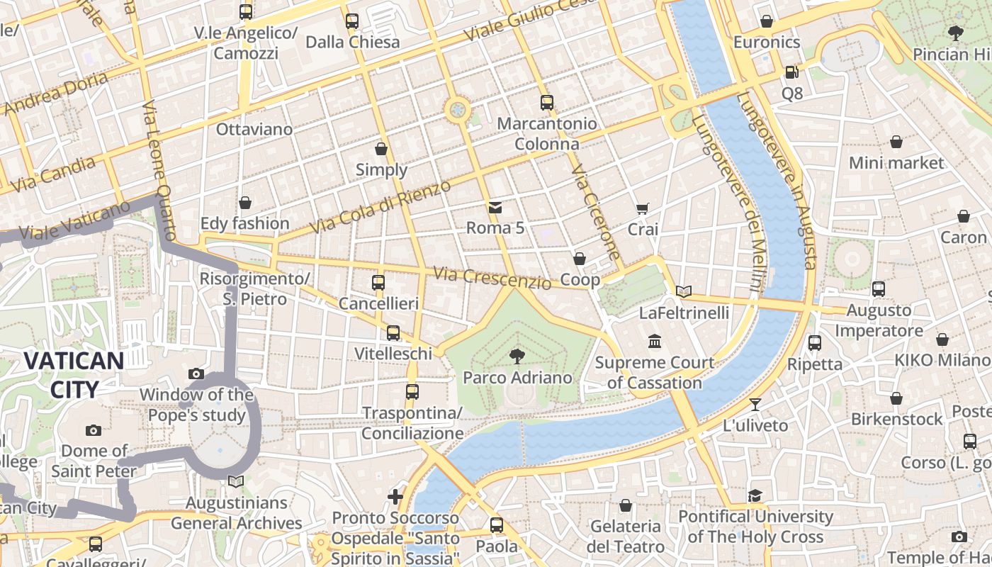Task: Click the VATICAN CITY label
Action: [x=74, y=374]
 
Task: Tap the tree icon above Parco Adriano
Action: [x=517, y=356]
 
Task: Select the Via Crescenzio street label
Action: [x=492, y=278]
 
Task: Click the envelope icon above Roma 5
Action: [x=495, y=208]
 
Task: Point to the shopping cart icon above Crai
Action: [x=643, y=208]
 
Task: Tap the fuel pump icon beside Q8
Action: [x=791, y=72]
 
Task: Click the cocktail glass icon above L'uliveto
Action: [x=755, y=404]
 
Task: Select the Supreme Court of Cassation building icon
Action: [x=654, y=342]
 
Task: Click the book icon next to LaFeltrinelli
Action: [x=683, y=291]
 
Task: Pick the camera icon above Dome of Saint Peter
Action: [x=93, y=430]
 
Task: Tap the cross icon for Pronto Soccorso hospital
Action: [x=395, y=497]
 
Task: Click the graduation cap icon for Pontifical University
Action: [x=755, y=495]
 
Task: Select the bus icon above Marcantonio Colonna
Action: [x=546, y=102]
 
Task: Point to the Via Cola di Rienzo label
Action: [x=381, y=207]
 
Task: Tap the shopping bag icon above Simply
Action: [x=381, y=149]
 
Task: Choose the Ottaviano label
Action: [x=254, y=129]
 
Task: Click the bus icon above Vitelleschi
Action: [x=393, y=332]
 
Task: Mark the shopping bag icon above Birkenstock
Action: [x=896, y=398]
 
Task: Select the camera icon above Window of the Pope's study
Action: [x=196, y=374]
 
